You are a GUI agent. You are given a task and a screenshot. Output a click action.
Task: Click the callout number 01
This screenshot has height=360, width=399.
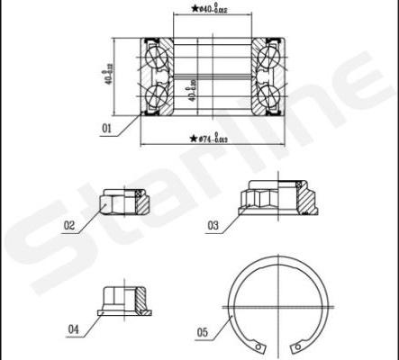click(x=106, y=130)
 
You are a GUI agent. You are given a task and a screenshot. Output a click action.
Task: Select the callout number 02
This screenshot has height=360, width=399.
click(x=68, y=226)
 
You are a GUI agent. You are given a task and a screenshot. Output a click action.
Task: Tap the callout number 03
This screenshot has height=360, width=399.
click(x=213, y=226)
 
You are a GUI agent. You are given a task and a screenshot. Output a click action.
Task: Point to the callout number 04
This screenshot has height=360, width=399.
click(x=73, y=330)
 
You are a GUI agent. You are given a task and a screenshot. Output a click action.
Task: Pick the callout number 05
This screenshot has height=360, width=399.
click(x=203, y=333)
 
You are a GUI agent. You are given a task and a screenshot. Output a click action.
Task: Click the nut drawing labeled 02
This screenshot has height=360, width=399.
click(x=118, y=202)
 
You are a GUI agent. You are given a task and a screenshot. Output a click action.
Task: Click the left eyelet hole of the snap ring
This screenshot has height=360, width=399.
click(x=260, y=345)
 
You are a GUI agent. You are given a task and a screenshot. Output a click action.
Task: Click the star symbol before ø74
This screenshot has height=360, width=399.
click(x=194, y=139)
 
